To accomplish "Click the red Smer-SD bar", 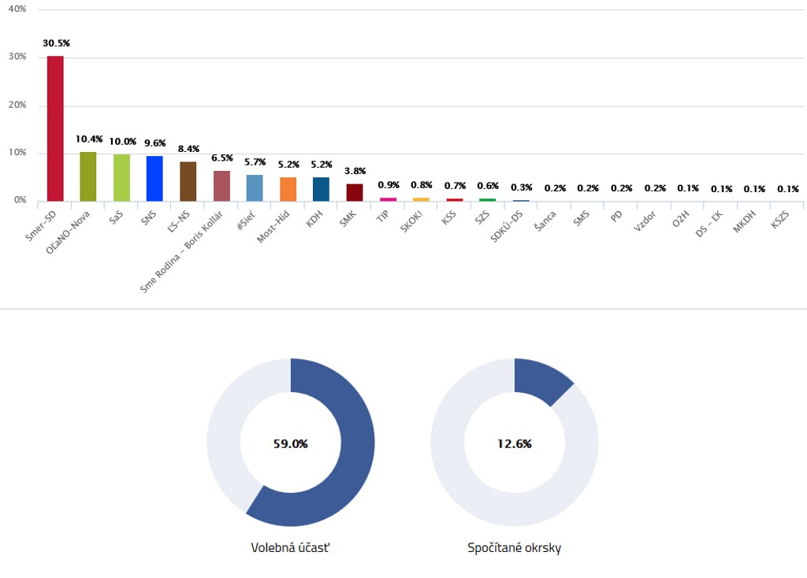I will tap(55, 128).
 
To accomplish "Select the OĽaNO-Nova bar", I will tap(88, 176).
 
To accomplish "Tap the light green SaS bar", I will tap(121, 177).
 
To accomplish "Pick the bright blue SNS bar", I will tap(154, 178).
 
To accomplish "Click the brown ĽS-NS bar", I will tap(188, 181).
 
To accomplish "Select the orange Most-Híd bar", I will tap(288, 189).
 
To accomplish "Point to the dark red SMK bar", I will tap(355, 192).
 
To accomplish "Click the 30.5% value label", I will tap(56, 43).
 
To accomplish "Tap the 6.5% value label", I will tap(221, 157).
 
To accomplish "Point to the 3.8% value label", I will tap(355, 171).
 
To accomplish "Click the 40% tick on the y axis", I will tap(17, 9).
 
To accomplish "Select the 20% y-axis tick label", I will tap(17, 105).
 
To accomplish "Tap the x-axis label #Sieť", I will tap(247, 218).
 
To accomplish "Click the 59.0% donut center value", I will tap(290, 443).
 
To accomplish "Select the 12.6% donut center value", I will tap(514, 443).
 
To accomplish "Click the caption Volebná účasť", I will tap(290, 547).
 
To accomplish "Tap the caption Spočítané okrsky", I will tap(514, 547).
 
